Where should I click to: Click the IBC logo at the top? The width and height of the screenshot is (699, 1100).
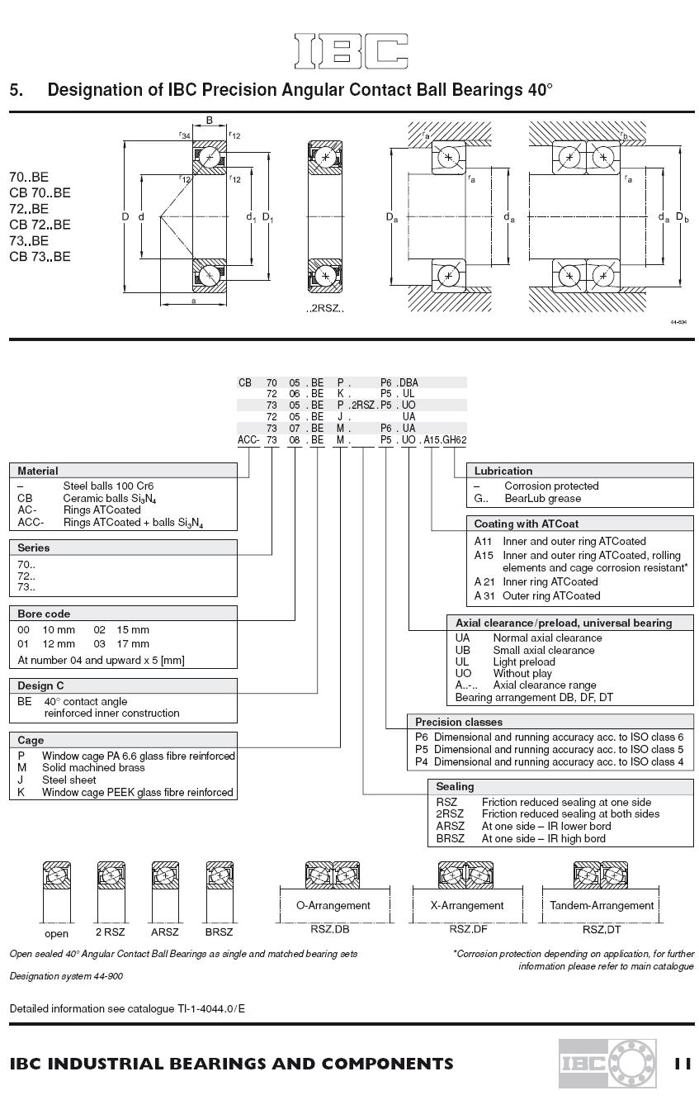pyautogui.click(x=351, y=51)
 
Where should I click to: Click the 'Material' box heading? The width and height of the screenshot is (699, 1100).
pyautogui.click(x=38, y=471)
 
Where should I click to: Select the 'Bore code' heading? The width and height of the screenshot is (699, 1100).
pyautogui.click(x=44, y=614)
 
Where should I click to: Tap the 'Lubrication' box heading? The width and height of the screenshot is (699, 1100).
pyautogui.click(x=503, y=471)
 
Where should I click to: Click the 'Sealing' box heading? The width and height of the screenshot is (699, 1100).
pyautogui.click(x=455, y=787)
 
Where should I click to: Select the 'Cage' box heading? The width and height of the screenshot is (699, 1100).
pyautogui.click(x=31, y=740)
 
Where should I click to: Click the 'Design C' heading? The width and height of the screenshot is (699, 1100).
pyautogui.click(x=40, y=685)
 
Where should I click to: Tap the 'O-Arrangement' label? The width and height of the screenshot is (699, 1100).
pyautogui.click(x=333, y=905)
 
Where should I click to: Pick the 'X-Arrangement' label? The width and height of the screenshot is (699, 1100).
pyautogui.click(x=467, y=905)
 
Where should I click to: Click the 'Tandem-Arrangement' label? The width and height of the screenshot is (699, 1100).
pyautogui.click(x=602, y=905)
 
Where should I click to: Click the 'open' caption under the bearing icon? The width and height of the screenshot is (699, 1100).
pyautogui.click(x=56, y=934)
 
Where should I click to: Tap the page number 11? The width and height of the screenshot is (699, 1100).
pyautogui.click(x=682, y=1064)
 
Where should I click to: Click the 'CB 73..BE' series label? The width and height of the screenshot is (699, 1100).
pyautogui.click(x=40, y=256)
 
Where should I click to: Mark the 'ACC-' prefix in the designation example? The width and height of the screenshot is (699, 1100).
pyautogui.click(x=248, y=440)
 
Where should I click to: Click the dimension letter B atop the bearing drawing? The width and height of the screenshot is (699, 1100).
pyautogui.click(x=209, y=121)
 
